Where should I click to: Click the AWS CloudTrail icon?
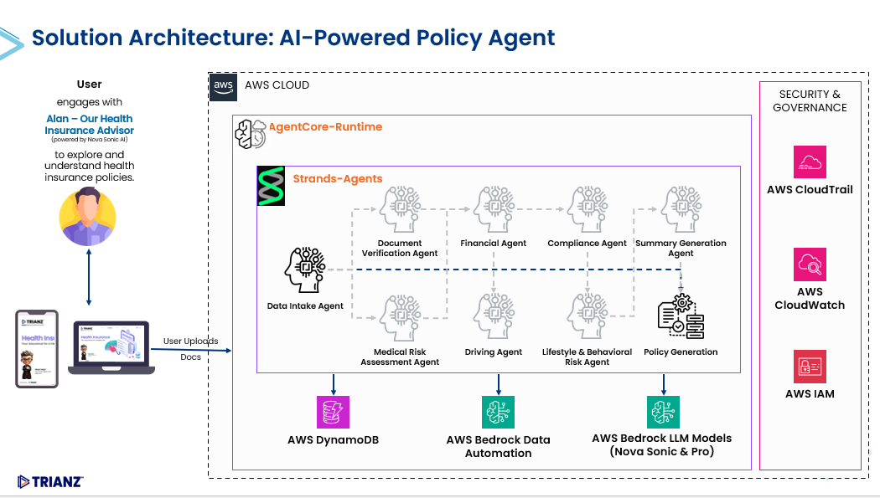tap(810, 162)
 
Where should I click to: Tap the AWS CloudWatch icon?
tap(810, 264)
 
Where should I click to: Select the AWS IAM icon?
tap(810, 367)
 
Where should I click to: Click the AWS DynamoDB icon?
tap(334, 413)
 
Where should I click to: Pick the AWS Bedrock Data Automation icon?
tap(499, 413)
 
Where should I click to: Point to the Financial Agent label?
tap(494, 244)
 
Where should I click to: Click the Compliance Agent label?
tap(587, 244)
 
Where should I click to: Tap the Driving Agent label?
tap(494, 352)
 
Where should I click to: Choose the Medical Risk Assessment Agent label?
tap(400, 357)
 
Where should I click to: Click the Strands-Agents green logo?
tap(270, 186)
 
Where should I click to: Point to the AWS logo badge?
tap(223, 86)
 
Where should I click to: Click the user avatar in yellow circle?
tap(87, 217)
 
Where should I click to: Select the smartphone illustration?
tap(37, 348)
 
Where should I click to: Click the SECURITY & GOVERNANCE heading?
tap(810, 100)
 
